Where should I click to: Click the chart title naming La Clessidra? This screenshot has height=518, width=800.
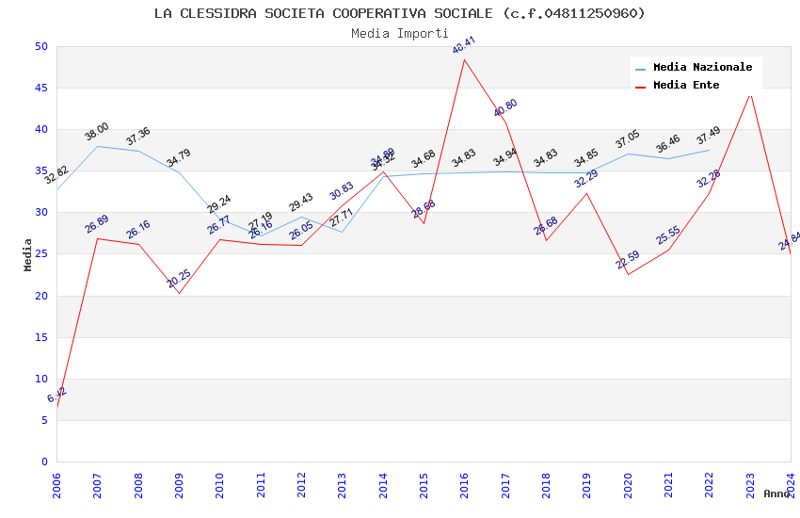point(400,13)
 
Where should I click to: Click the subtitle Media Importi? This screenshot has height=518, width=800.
point(400,33)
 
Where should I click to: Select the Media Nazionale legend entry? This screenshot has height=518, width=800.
point(702,68)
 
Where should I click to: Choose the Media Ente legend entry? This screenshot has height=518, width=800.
point(686,86)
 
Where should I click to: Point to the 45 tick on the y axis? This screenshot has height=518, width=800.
point(40,89)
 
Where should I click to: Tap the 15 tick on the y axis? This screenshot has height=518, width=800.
point(40,337)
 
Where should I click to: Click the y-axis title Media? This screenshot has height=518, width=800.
point(28,254)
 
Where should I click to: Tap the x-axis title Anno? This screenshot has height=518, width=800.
point(776,494)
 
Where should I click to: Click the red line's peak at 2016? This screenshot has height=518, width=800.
point(465,59)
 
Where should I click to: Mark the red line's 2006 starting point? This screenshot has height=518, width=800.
point(57,408)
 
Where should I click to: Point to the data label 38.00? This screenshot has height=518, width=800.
point(97,132)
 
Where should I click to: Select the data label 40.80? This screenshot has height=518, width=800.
point(505,108)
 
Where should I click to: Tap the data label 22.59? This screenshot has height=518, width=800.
point(628,260)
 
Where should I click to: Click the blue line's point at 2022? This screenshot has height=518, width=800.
point(710,150)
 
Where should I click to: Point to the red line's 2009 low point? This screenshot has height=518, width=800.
point(179,293)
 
